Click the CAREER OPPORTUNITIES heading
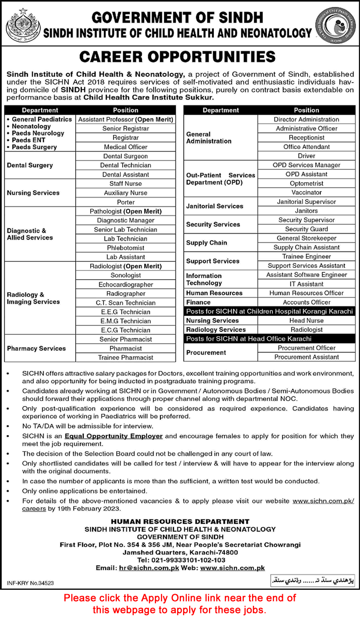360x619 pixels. [180, 57]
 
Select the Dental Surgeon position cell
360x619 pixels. [125, 156]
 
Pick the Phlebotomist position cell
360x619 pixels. [125, 248]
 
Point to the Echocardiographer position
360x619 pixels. [125, 285]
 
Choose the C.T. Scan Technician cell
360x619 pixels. [125, 303]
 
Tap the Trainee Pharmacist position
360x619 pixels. [125, 358]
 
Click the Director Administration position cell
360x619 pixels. [306, 119]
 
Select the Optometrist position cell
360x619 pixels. [306, 183]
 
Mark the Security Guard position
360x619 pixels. [306, 229]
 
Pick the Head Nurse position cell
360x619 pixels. [306, 320]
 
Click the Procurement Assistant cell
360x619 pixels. [306, 357]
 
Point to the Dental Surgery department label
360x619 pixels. [30, 165]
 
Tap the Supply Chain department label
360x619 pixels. [206, 243]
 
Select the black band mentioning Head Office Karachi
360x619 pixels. [269, 339]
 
